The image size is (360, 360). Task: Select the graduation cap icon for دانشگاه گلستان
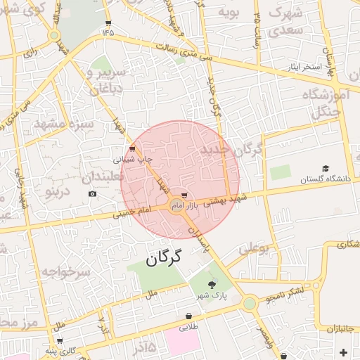(326, 168)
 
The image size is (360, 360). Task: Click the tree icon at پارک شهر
(212, 284)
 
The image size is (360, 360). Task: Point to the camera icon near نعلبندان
(92, 193)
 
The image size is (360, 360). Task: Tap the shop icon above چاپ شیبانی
(132, 148)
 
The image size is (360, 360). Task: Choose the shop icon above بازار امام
(184, 194)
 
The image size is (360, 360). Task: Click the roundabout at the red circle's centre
(176, 205)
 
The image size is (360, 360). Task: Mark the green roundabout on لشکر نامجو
(250, 303)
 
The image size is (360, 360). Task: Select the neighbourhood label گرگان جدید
(231, 149)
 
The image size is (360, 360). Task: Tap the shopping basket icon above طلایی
(188, 316)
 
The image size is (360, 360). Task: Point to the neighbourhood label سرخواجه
(65, 271)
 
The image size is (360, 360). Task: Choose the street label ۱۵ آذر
(143, 345)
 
